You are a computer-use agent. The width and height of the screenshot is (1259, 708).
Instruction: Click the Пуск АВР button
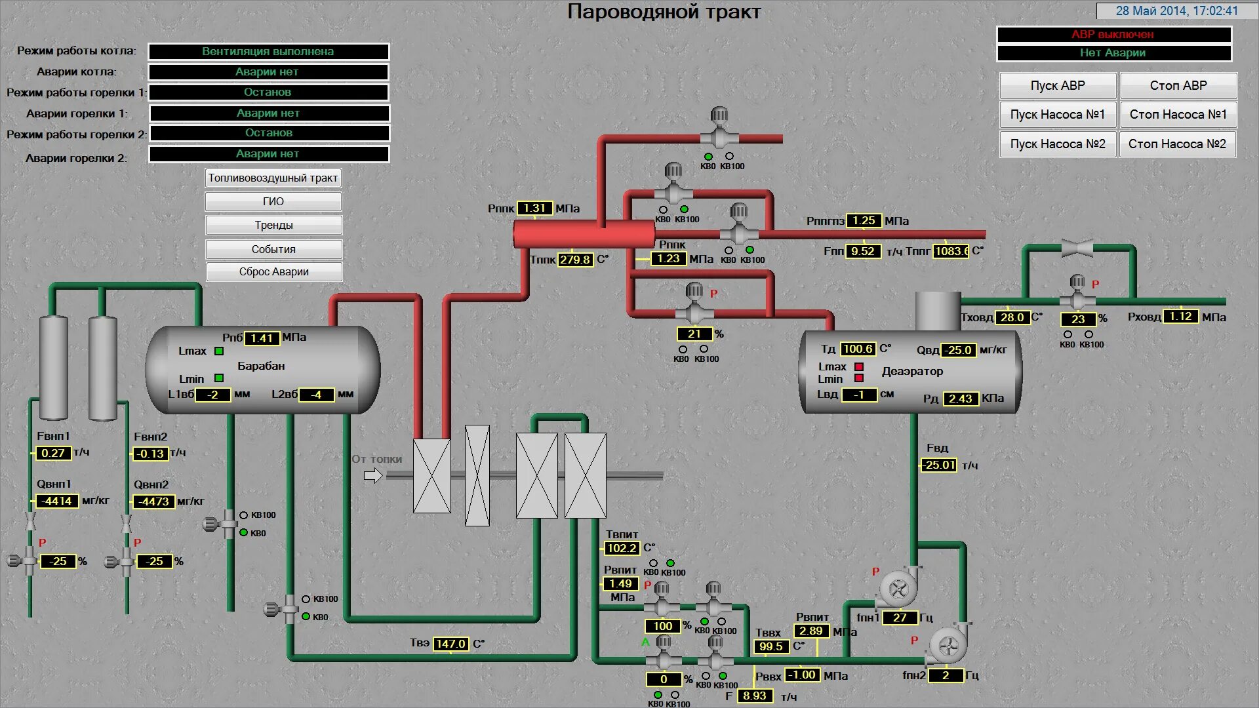tap(1057, 86)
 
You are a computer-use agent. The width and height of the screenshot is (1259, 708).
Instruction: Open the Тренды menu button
tap(273, 226)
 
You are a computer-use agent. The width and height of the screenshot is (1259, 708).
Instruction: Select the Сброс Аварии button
tap(273, 272)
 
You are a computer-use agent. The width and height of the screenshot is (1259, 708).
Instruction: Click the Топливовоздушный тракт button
tap(273, 178)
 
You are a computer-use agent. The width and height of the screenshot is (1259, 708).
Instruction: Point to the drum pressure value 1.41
tap(262, 338)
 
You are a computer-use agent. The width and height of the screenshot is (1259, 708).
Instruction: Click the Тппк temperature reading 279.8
tap(575, 260)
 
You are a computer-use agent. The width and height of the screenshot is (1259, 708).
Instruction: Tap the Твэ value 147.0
tap(450, 644)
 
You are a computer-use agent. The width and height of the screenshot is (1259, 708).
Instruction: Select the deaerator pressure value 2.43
tap(961, 399)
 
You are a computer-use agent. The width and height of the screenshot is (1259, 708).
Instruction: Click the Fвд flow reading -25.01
tap(940, 465)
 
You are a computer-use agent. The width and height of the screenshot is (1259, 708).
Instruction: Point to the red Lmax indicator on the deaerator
tap(859, 367)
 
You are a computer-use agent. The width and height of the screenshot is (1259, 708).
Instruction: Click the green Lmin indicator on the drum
tap(219, 378)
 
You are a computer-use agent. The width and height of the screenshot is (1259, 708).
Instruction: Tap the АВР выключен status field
tap(1113, 35)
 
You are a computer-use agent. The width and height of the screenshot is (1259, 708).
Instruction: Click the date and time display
tap(1176, 11)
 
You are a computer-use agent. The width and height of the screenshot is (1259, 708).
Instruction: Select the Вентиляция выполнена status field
tap(268, 52)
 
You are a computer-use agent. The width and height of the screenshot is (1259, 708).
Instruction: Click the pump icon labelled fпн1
tap(898, 589)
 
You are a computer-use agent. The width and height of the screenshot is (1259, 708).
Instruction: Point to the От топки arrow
tap(373, 476)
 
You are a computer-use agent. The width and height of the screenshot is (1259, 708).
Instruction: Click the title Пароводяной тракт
tap(664, 12)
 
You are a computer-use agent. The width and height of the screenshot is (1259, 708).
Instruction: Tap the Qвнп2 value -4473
tap(154, 502)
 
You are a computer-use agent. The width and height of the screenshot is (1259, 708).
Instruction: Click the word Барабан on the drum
tap(261, 366)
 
